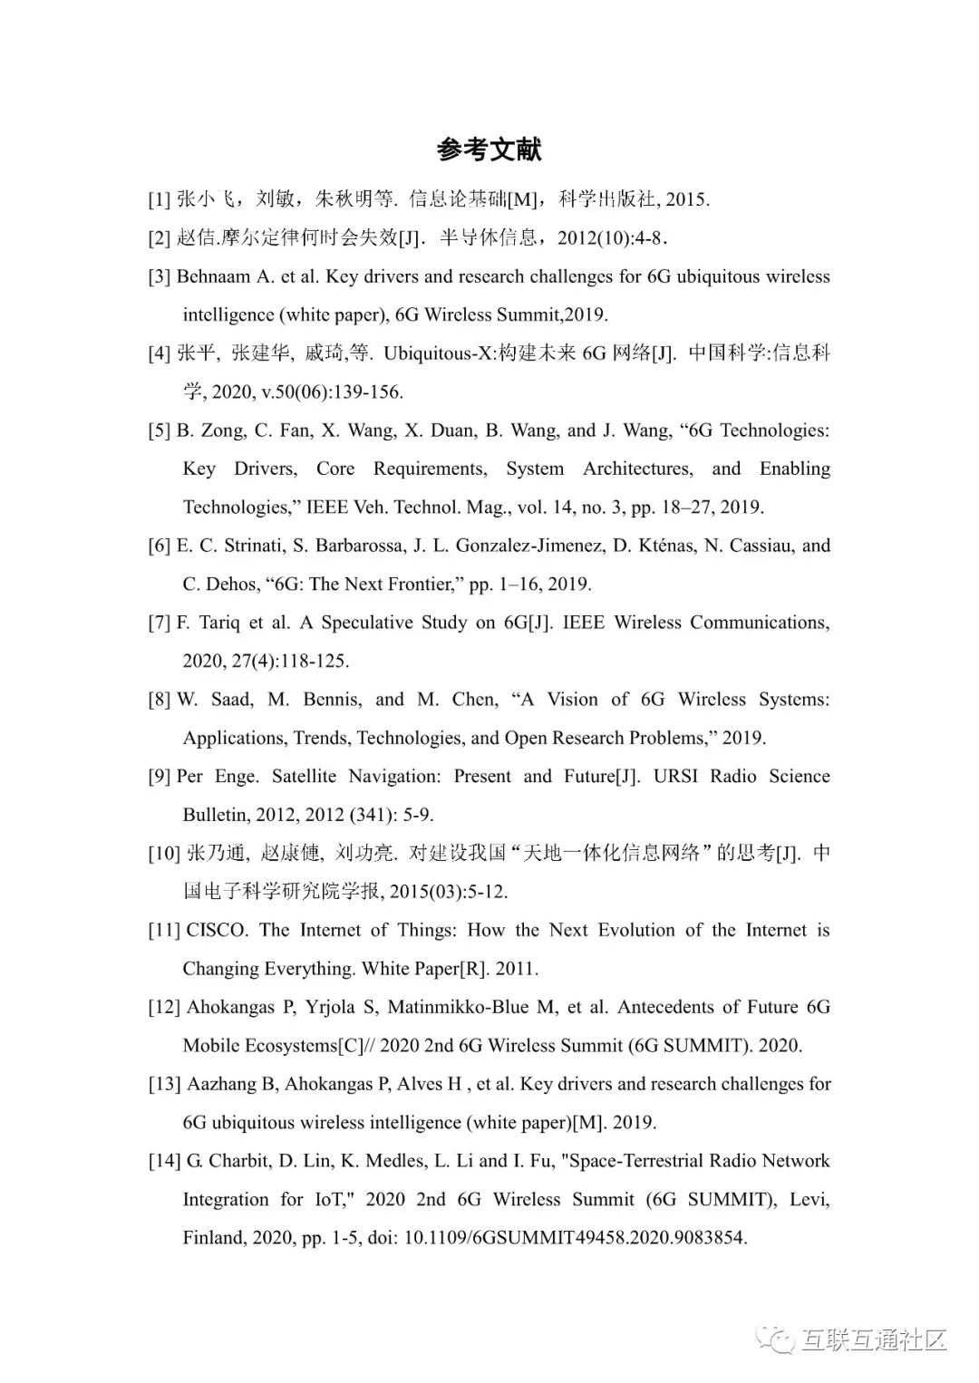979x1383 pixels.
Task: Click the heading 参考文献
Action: [489, 150]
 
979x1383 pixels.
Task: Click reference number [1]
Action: [160, 199]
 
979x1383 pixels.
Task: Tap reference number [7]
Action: [160, 623]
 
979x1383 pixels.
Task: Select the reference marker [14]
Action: [164, 1161]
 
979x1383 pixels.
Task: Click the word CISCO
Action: [216, 931]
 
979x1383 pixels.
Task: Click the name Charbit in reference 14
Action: [238, 1161]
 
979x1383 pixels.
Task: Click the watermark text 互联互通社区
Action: [874, 1339]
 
